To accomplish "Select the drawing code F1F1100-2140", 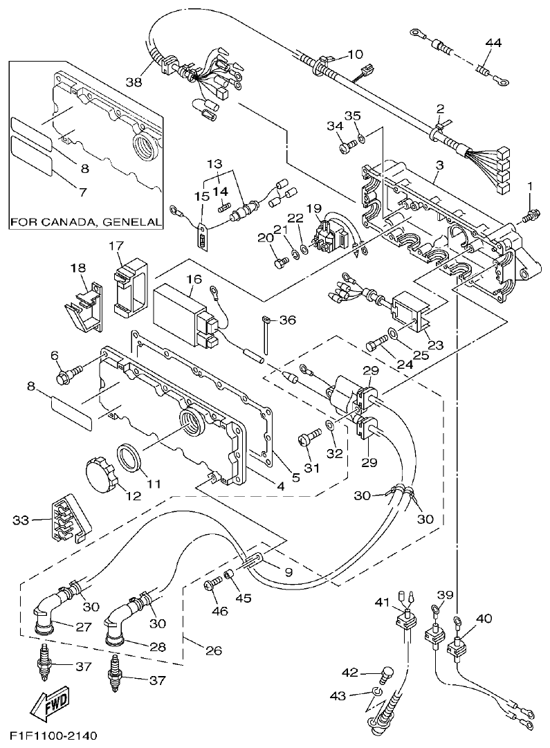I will [53, 734].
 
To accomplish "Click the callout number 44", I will [493, 43].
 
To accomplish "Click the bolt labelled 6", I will [70, 376].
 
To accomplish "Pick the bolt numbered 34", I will [346, 146].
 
